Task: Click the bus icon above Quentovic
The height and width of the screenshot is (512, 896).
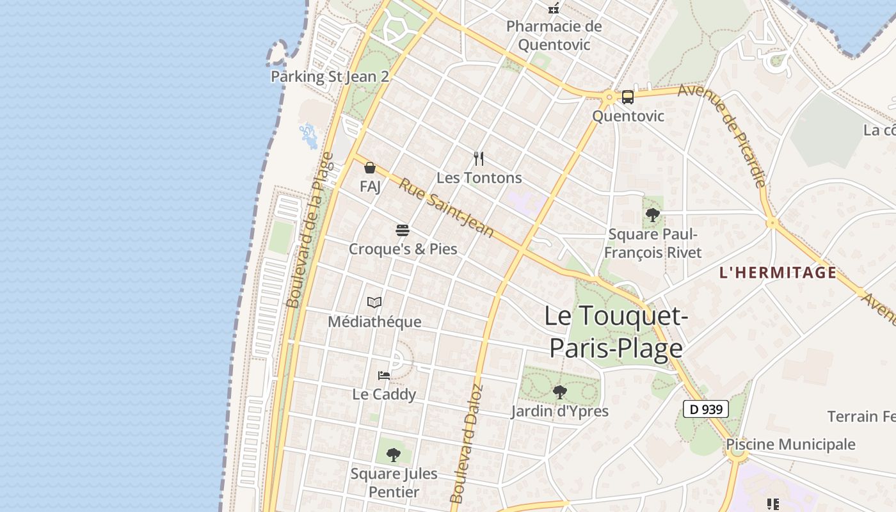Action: click(x=627, y=97)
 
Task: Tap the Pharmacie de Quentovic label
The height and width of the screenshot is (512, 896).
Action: click(x=554, y=35)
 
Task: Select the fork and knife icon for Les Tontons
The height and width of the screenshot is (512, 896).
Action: click(x=479, y=159)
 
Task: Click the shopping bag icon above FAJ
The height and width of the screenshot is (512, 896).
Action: click(x=370, y=168)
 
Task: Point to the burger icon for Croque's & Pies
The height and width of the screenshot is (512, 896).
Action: click(x=403, y=230)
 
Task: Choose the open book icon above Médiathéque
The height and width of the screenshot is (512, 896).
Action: click(x=374, y=302)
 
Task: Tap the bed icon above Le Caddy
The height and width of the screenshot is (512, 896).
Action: click(x=384, y=375)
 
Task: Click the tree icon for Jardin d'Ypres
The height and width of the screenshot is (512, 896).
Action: click(x=560, y=392)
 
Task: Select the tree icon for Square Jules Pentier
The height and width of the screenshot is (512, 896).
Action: click(x=394, y=455)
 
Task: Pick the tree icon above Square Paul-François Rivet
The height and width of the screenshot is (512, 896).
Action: click(x=652, y=215)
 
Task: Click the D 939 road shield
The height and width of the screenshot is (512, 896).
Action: click(x=706, y=409)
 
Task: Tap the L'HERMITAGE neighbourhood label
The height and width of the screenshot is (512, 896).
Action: click(x=778, y=273)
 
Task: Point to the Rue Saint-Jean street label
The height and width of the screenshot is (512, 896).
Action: click(x=447, y=208)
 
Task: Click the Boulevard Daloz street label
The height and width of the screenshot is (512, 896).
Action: click(x=467, y=444)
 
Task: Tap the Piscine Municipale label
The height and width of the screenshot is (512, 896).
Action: click(x=790, y=444)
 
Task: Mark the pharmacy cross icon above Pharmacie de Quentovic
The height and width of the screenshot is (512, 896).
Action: click(x=554, y=8)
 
